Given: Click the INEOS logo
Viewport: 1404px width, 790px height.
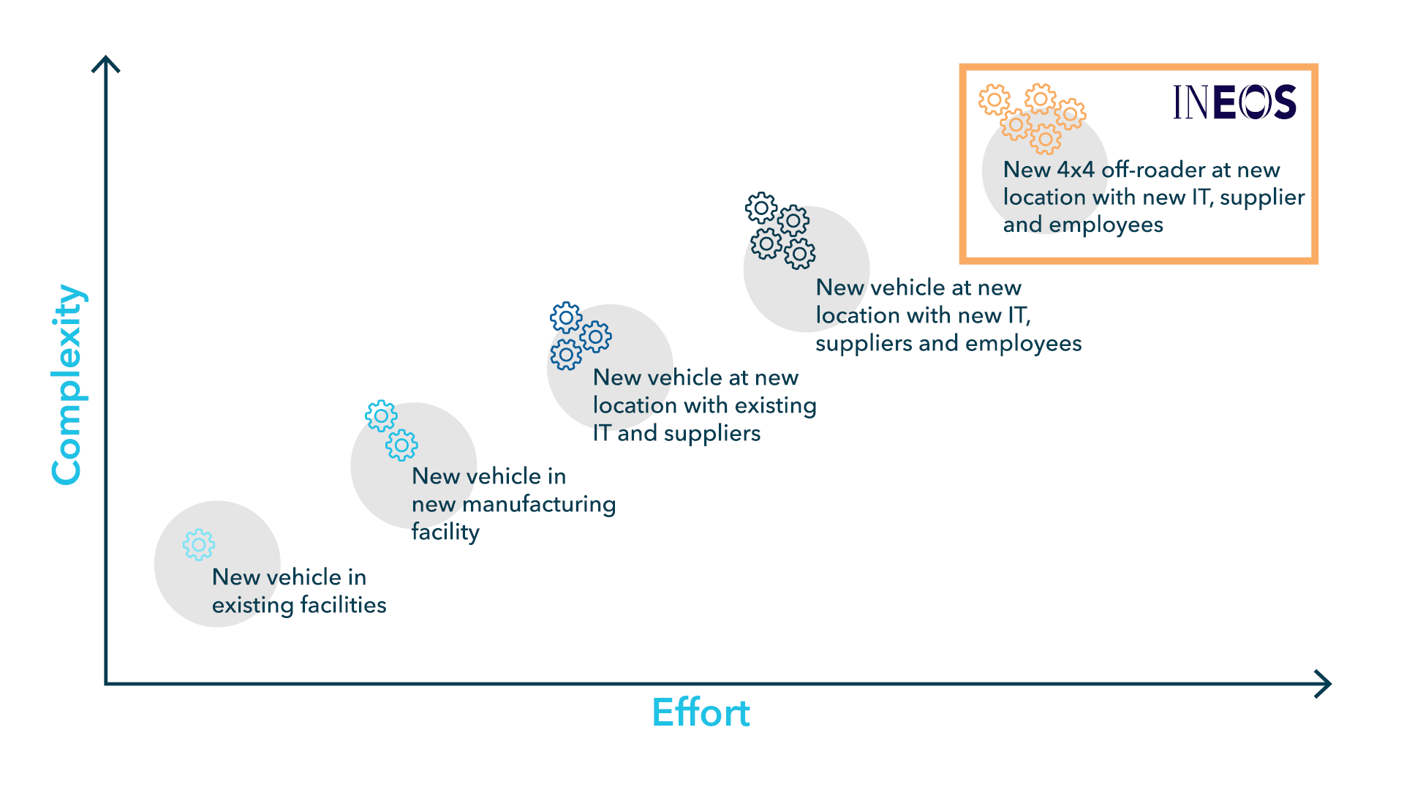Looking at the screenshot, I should pyautogui.click(x=1234, y=102).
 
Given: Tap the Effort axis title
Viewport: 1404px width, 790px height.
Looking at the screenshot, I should pyautogui.click(x=701, y=712).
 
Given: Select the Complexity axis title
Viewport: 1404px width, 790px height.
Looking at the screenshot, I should pyautogui.click(x=68, y=385).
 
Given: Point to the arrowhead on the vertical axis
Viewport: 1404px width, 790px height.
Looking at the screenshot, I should pyautogui.click(x=106, y=64).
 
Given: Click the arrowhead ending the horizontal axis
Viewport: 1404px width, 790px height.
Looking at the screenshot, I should pyautogui.click(x=1322, y=684).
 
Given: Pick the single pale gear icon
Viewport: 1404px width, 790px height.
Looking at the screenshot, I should pyautogui.click(x=199, y=545).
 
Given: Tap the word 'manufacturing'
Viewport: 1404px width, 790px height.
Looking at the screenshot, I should pyautogui.click(x=539, y=505).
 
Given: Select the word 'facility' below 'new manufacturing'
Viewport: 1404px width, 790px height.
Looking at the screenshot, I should pyautogui.click(x=445, y=532).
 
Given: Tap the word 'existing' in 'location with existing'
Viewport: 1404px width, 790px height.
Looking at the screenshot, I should pyautogui.click(x=775, y=405).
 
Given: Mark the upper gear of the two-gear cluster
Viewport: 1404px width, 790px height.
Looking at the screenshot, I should pyautogui.click(x=381, y=416).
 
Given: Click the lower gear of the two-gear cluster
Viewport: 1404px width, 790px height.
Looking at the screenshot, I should pyautogui.click(x=401, y=445).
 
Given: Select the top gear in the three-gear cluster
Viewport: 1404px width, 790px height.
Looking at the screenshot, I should pyautogui.click(x=566, y=317).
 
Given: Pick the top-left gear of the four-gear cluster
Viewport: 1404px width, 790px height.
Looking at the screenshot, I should pyautogui.click(x=761, y=208).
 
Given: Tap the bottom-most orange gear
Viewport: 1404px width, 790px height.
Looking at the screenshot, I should pyautogui.click(x=1046, y=139).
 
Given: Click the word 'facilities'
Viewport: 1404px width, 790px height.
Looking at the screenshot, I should pyautogui.click(x=343, y=605).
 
